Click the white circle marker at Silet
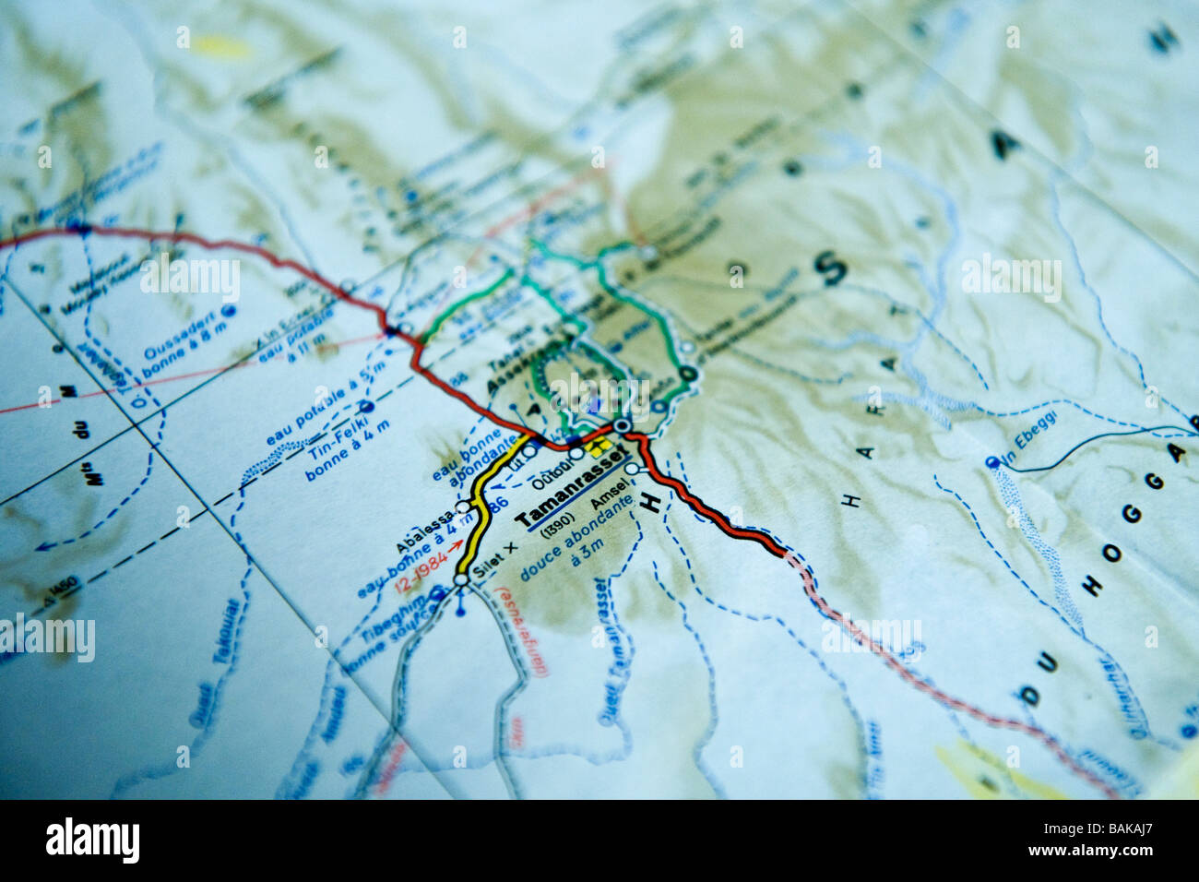click(460, 580)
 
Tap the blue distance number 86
click(502, 504)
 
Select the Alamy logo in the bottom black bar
click(92, 840)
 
